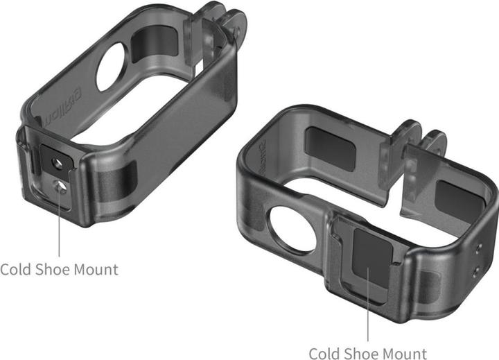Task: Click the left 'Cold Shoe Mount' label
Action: [59, 268]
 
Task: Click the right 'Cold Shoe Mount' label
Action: [367, 353]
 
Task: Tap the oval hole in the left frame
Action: [112, 67]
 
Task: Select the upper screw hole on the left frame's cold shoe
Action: [58, 162]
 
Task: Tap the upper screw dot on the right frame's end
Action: [479, 247]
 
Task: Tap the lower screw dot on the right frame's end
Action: [475, 271]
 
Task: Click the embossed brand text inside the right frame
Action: [256, 157]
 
